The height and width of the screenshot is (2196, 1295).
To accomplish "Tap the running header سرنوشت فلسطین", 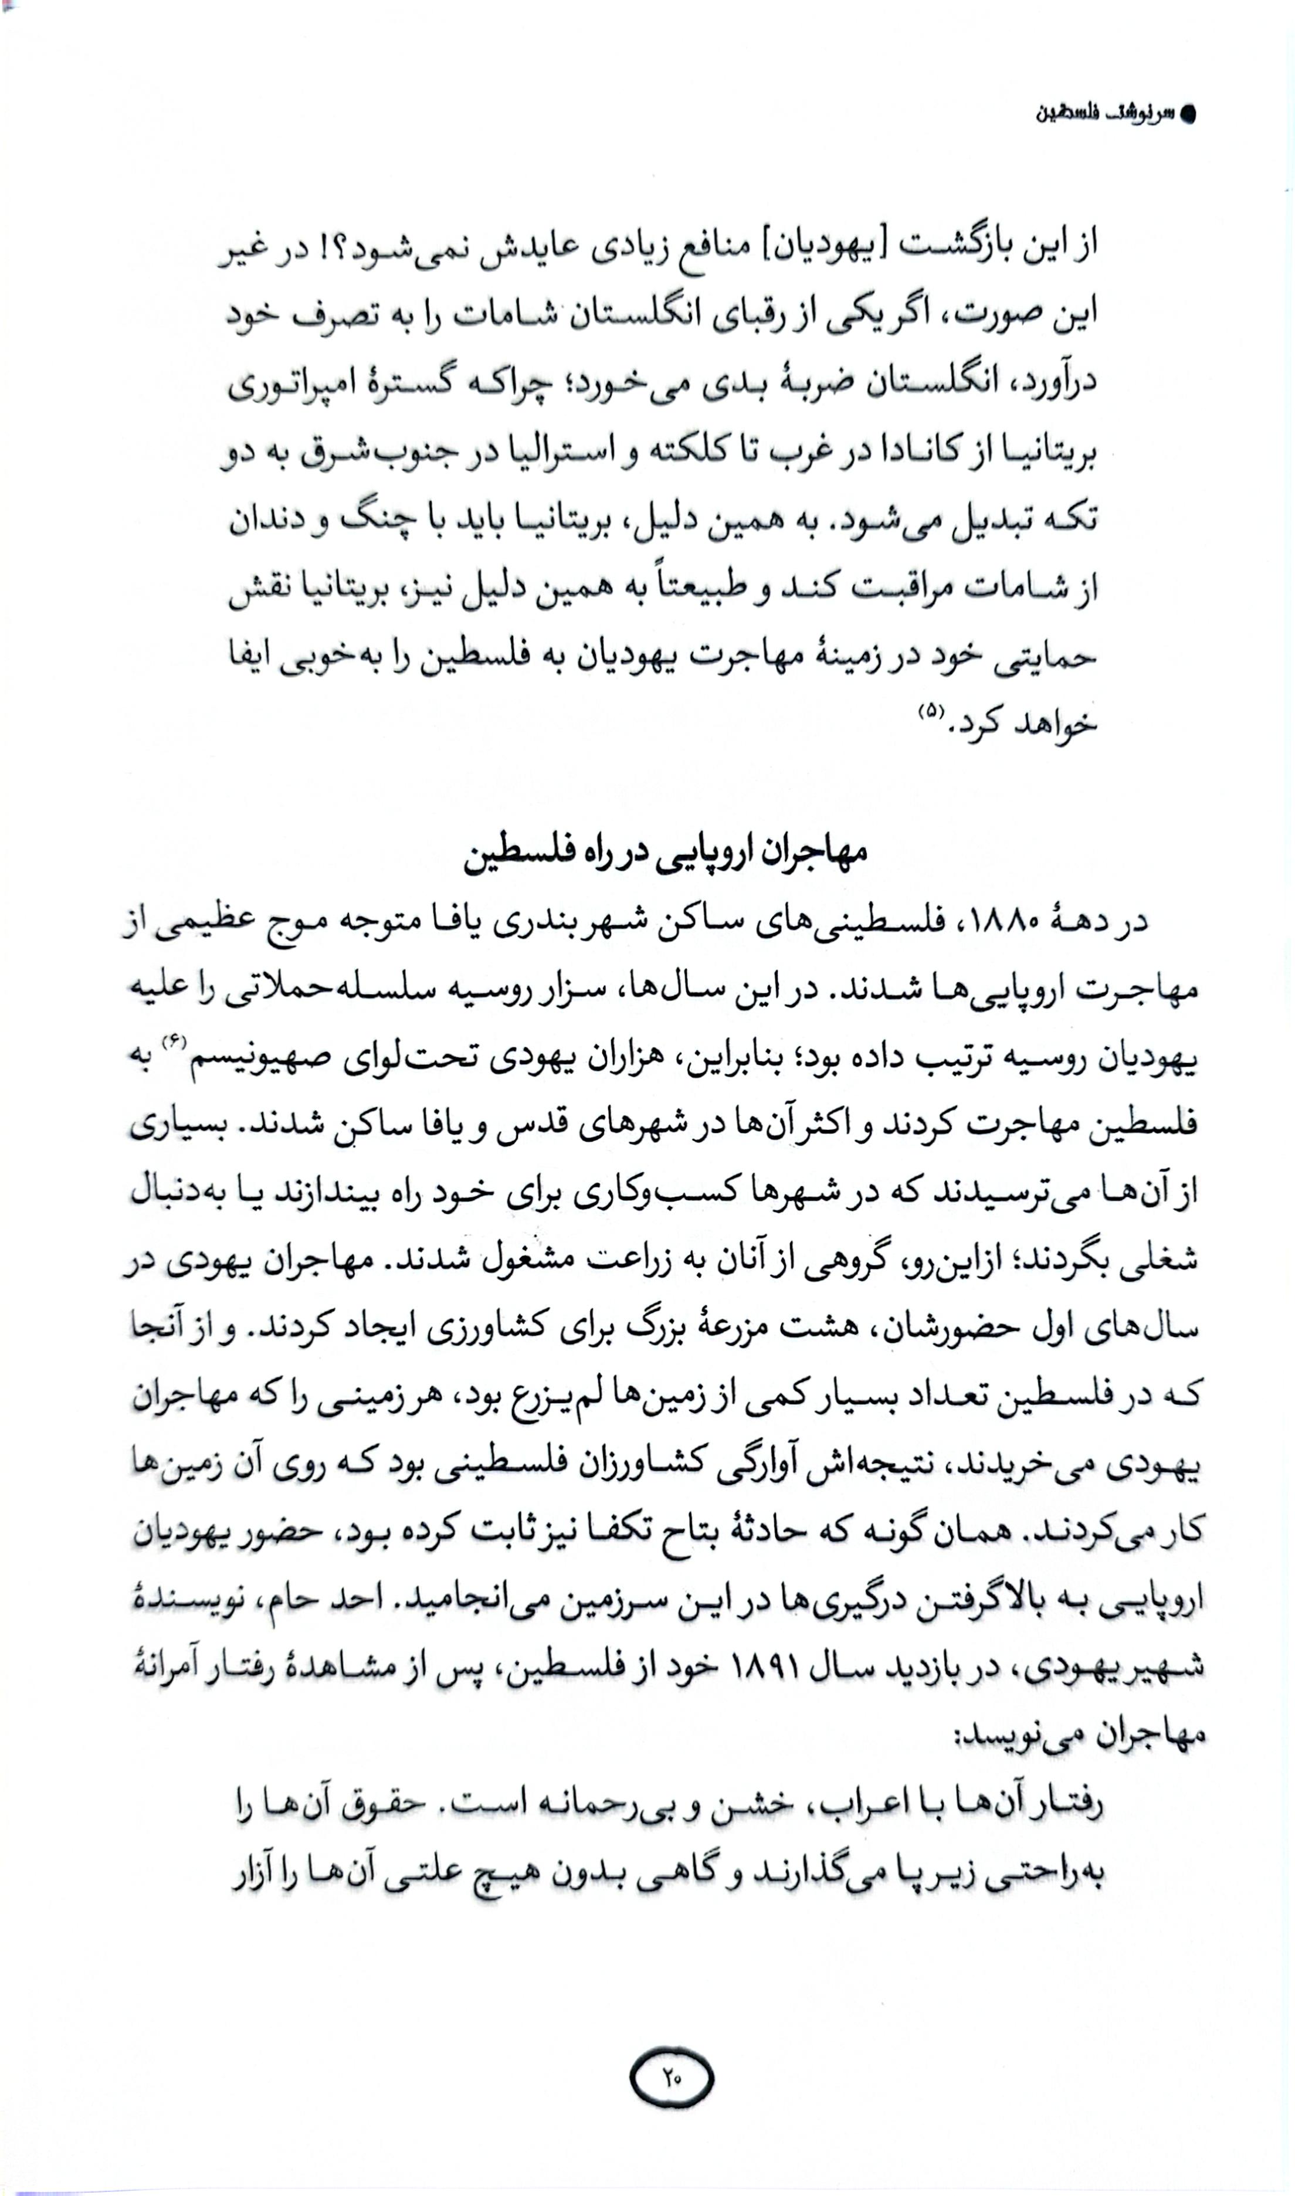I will click(1104, 114).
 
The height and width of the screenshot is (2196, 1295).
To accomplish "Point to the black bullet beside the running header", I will click(1187, 114).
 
